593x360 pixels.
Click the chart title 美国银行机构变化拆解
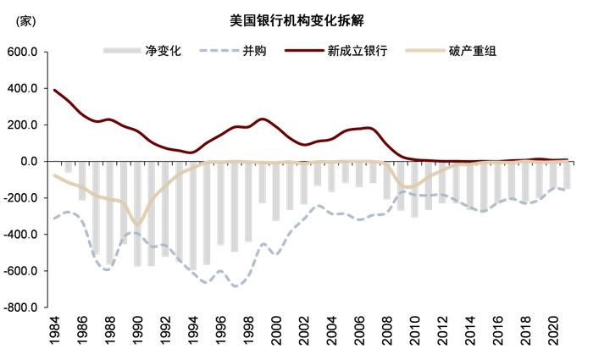pos(297,18)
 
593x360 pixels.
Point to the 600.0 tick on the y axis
pos(23,52)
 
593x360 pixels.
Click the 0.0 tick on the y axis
pos(29,161)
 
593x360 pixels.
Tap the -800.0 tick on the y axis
pos(20,307)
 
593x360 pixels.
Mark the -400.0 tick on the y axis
pos(20,235)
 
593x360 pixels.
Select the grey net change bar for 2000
pos(275,191)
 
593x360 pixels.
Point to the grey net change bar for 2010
pos(414,189)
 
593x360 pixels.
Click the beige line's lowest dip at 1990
pos(138,224)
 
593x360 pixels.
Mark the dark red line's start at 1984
pos(54,90)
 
